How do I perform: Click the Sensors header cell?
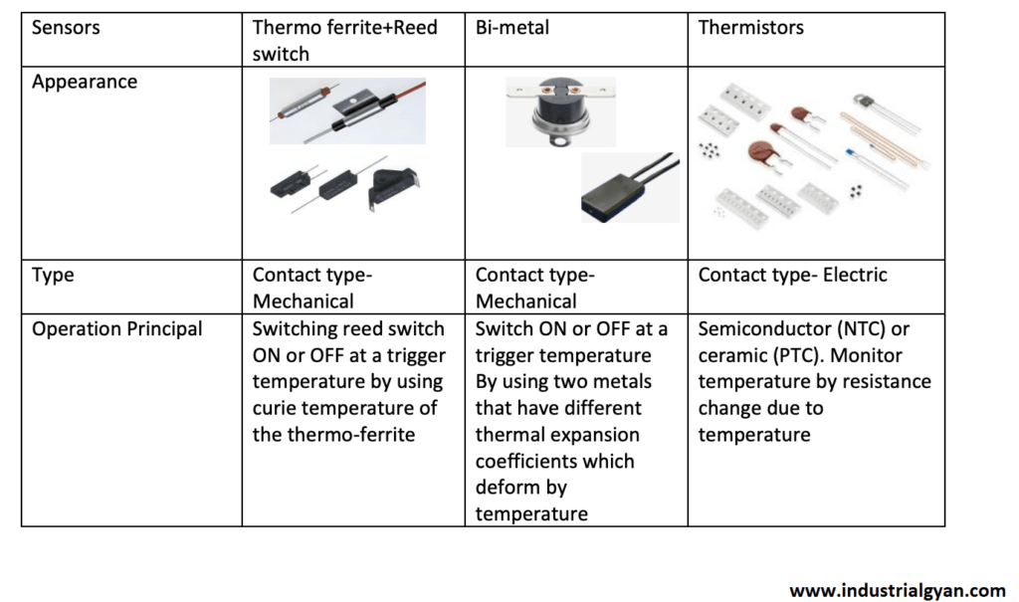(x=66, y=28)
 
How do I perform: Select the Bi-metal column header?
(x=511, y=28)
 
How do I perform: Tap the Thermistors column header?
(x=751, y=28)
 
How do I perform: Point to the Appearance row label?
(x=85, y=83)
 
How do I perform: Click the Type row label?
(x=53, y=275)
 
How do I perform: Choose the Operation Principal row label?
(x=117, y=329)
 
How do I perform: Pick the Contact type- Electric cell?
(x=792, y=275)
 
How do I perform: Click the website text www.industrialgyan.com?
(x=898, y=590)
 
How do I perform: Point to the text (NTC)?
(x=868, y=329)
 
